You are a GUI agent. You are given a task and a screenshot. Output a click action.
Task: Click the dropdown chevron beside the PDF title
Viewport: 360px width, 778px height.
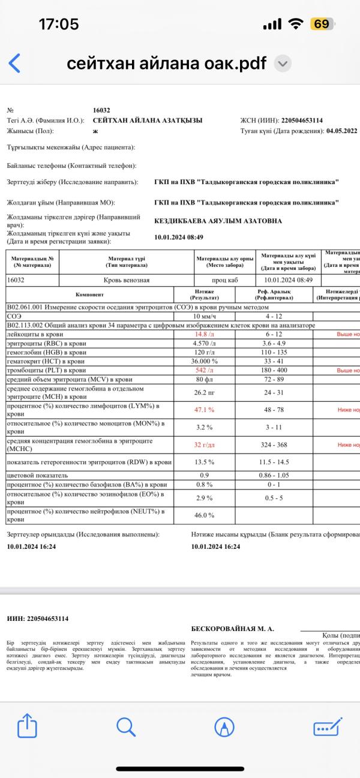point(283,64)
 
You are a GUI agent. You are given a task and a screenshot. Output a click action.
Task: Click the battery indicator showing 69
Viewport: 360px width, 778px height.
point(322,24)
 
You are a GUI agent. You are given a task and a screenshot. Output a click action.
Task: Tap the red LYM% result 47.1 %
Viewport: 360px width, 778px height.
point(203,410)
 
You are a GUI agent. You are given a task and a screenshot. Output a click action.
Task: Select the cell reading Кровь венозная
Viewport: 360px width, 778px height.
point(127,280)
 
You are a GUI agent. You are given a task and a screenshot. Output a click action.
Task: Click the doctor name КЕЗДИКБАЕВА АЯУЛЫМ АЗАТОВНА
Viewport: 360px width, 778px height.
point(218,221)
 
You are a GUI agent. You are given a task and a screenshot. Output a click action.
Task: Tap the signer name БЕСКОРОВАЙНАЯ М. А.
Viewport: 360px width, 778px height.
point(232,629)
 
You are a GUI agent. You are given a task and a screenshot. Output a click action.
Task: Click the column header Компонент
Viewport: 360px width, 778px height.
point(89,295)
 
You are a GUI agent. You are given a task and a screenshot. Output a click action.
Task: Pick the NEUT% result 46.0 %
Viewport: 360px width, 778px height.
point(203,515)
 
